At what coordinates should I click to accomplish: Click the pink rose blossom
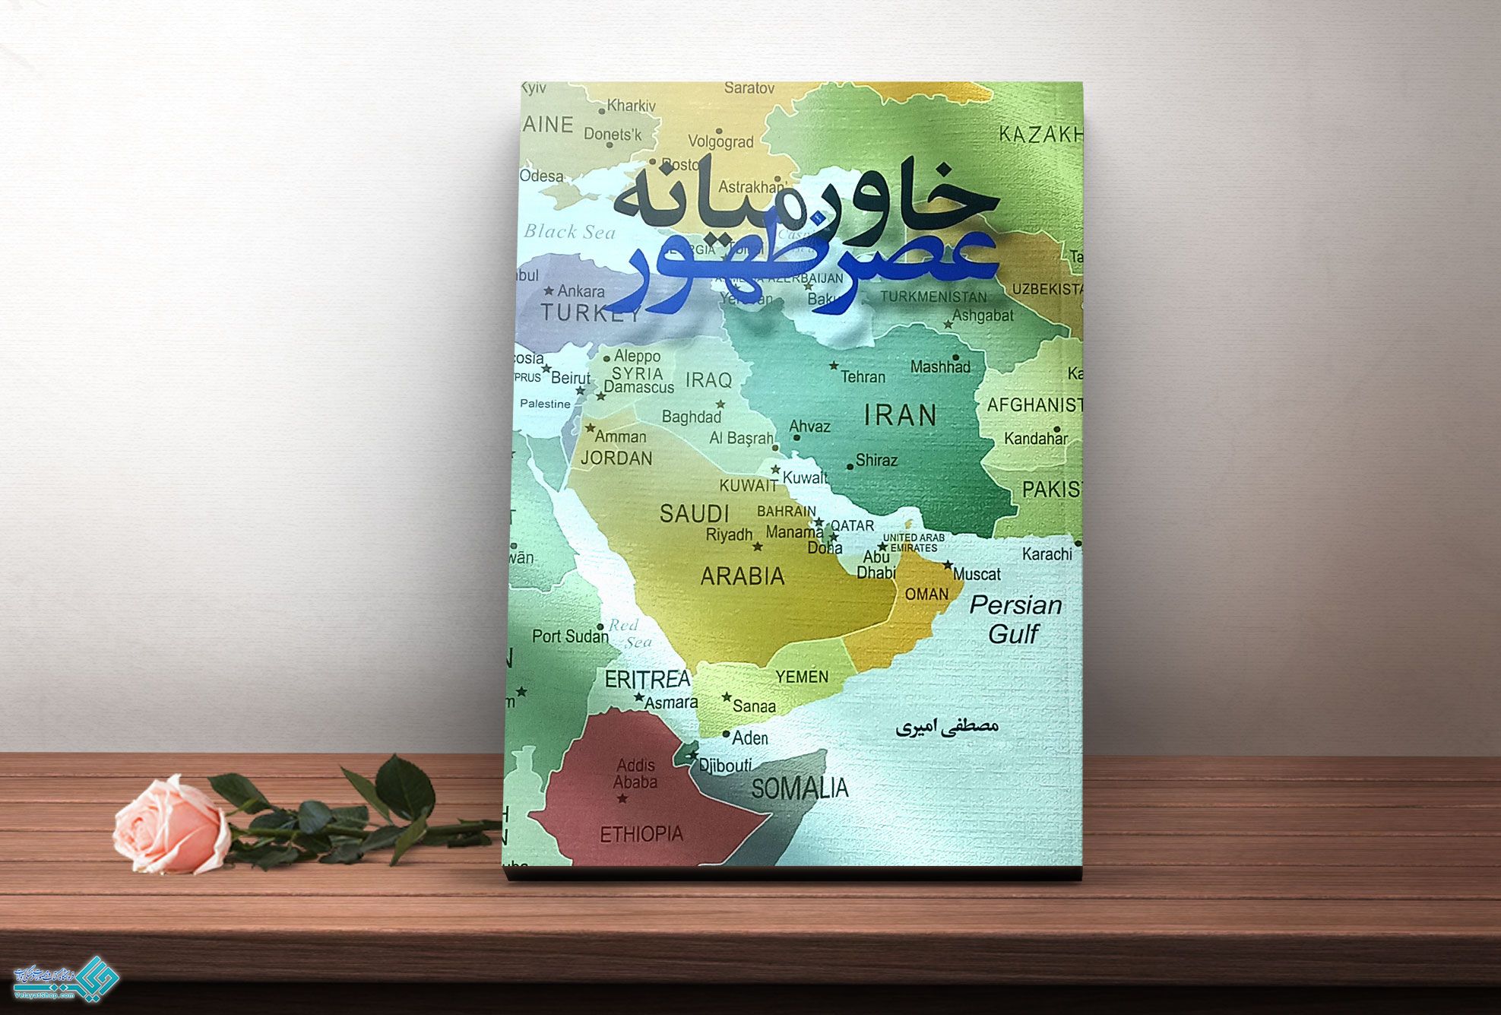171,825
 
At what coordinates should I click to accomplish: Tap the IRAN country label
901,415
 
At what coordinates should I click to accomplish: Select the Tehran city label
863,376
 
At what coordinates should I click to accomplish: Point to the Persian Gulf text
1015,619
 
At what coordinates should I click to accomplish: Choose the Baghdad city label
691,417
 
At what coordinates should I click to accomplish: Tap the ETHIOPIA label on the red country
641,834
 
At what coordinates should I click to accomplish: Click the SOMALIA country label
800,788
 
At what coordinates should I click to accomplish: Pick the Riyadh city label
729,534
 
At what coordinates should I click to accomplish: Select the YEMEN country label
802,676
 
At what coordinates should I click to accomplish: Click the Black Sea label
569,232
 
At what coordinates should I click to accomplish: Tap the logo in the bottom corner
67,978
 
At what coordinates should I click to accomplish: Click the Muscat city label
977,574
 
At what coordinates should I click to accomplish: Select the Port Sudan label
570,636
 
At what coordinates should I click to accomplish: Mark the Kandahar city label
1035,439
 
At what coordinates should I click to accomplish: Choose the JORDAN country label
616,458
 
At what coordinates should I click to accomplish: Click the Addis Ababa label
635,773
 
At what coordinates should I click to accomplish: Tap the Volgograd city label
720,141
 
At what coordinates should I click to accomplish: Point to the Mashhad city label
940,366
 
